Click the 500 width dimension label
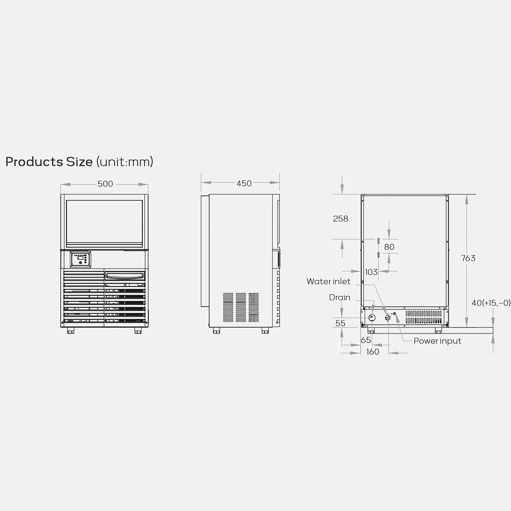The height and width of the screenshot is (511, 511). tap(105, 184)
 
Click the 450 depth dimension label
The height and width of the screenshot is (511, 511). tap(244, 183)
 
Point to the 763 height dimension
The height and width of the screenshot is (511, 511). tap(468, 258)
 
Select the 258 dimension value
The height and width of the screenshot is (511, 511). tap(341, 218)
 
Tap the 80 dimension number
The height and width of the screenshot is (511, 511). tap(389, 247)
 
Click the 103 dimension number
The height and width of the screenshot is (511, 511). tap(371, 272)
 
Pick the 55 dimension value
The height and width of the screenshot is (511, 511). tap(341, 323)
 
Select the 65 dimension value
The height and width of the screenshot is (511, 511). tap(366, 340)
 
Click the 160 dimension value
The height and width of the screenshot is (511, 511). tap(373, 351)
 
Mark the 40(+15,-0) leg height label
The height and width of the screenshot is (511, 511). tap(491, 303)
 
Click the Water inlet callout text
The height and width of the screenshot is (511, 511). tap(328, 281)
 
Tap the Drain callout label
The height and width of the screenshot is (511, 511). tap(340, 297)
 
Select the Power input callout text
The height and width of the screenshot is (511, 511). tap(437, 341)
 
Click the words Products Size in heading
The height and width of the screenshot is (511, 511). tap(49, 162)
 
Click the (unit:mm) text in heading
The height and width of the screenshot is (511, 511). tap(125, 162)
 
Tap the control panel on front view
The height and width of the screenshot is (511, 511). tap(80, 259)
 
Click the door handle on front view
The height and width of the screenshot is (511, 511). tap(125, 276)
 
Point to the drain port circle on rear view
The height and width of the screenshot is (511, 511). tap(372, 318)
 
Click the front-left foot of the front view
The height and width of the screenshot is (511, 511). tap(70, 331)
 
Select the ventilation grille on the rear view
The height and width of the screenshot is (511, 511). tap(423, 317)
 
